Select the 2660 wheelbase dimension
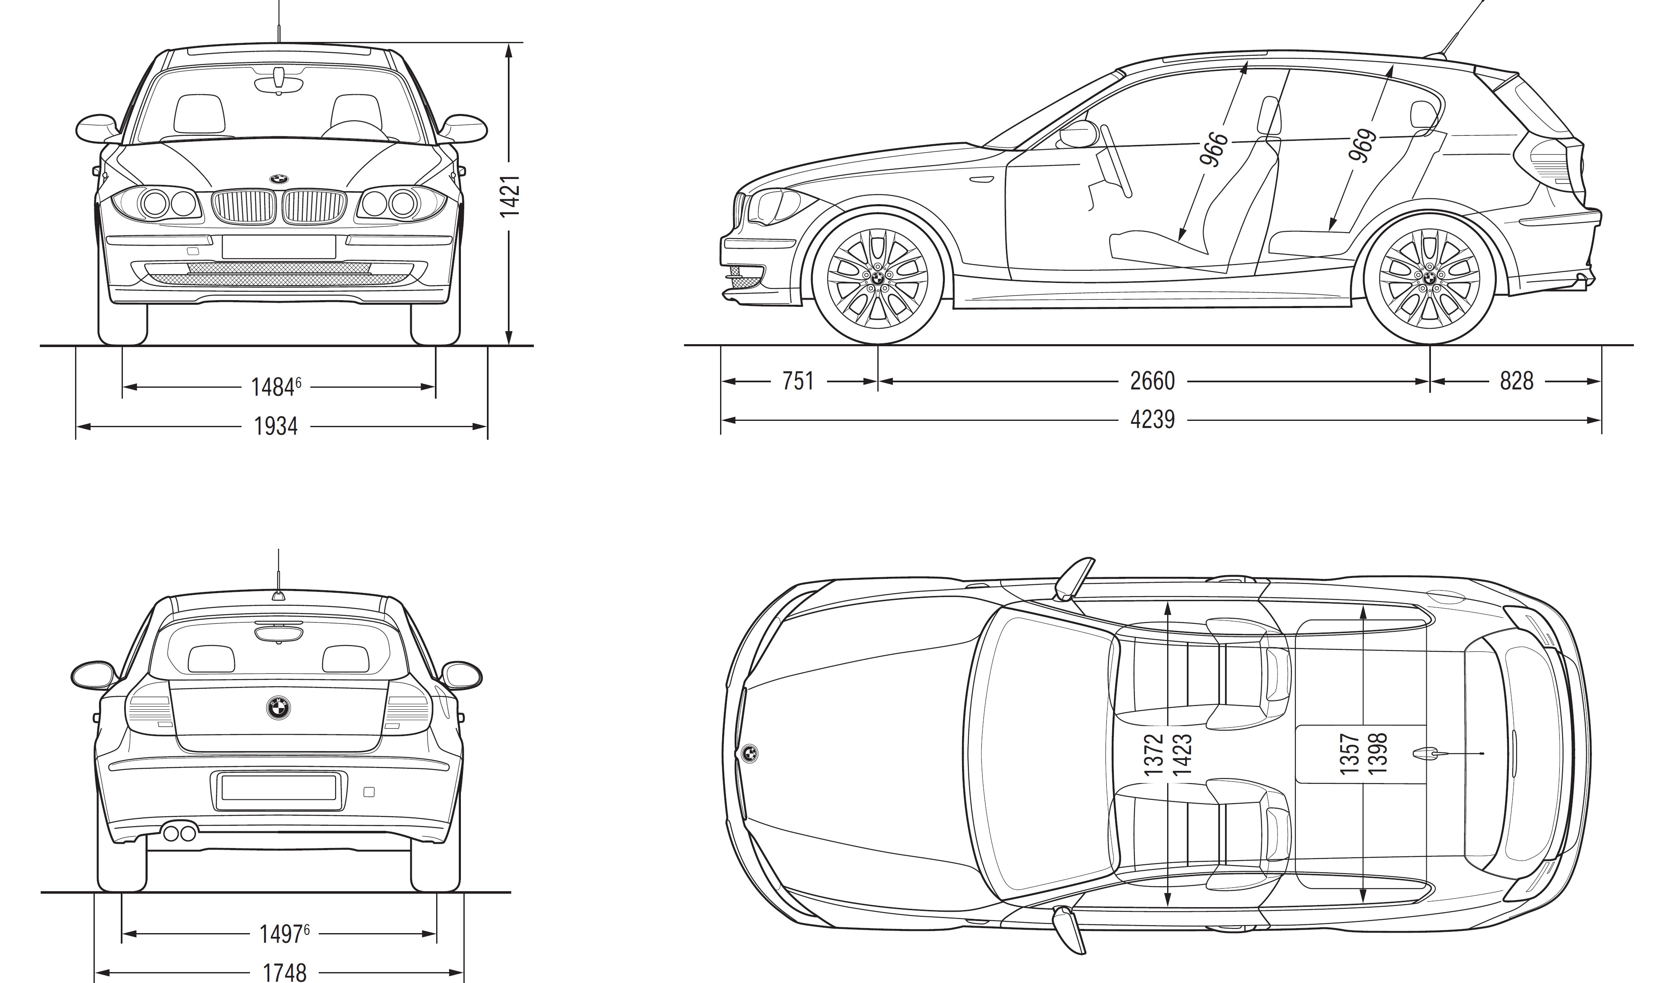(x=1152, y=381)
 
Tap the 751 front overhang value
(x=798, y=381)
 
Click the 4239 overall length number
(x=1152, y=420)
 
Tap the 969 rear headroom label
(x=1362, y=146)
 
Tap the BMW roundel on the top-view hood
(x=749, y=752)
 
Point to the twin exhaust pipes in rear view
(x=179, y=833)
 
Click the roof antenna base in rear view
(x=278, y=596)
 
